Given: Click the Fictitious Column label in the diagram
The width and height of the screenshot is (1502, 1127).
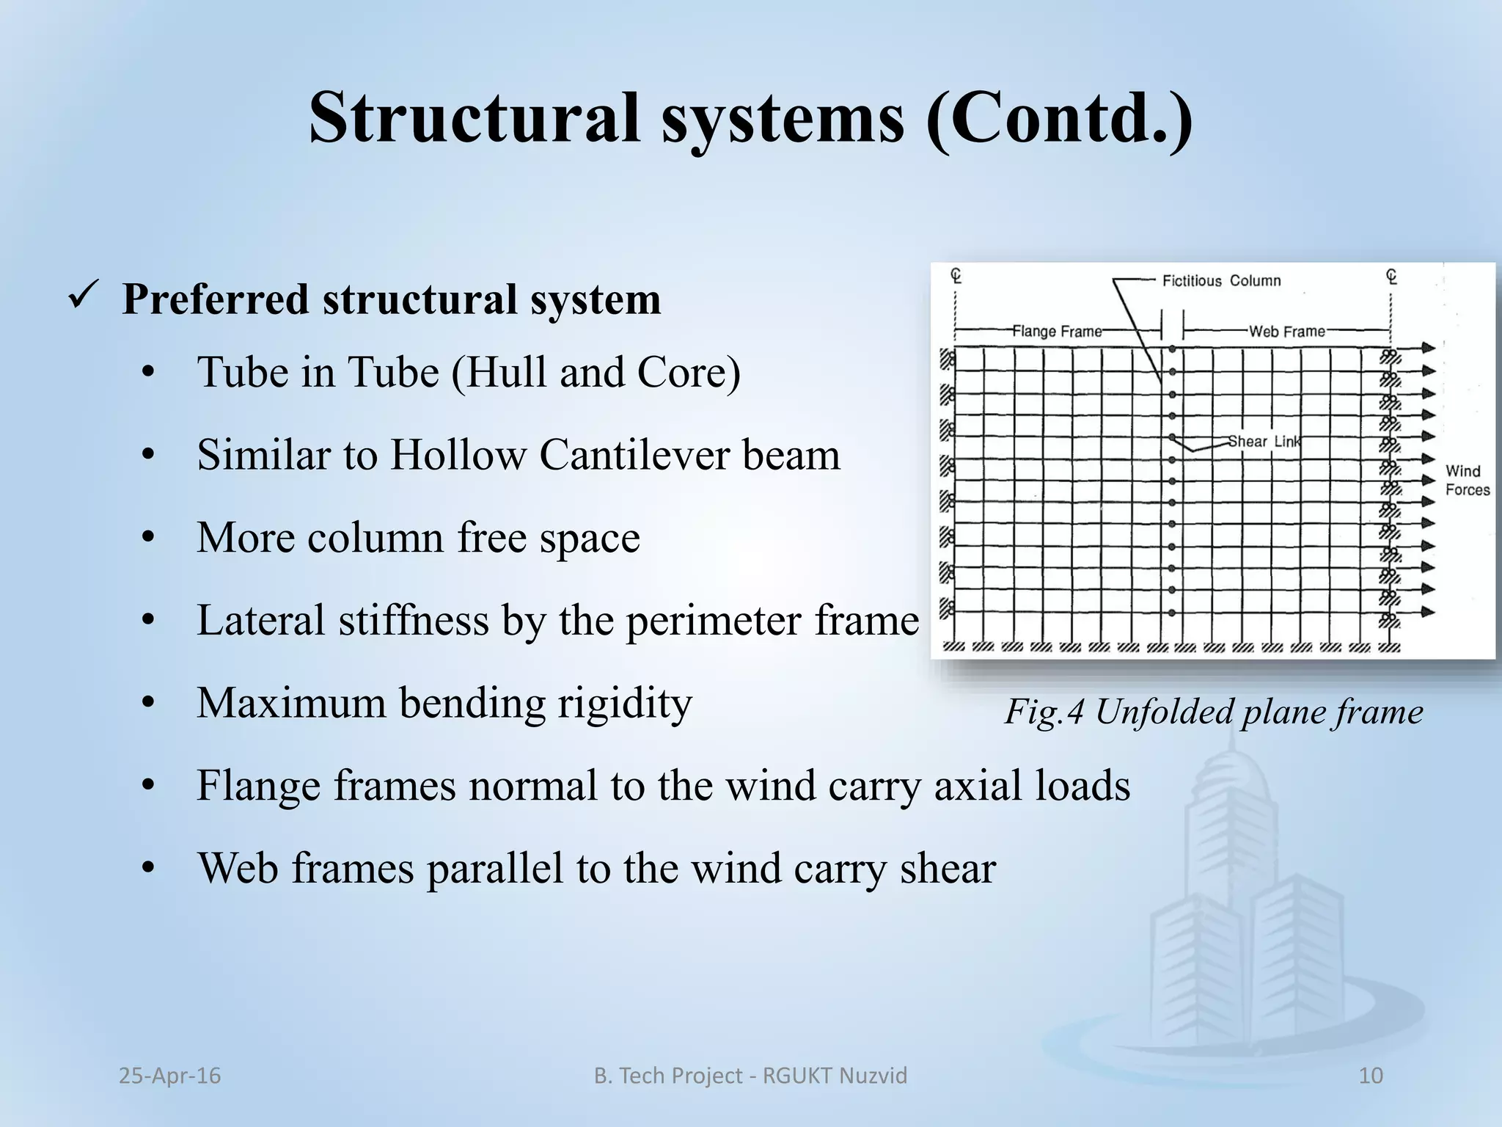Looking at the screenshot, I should pos(1221,281).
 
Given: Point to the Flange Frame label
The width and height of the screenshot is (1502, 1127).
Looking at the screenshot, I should pos(1057,332).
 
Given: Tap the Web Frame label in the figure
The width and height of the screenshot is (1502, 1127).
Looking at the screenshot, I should pos(1287,332).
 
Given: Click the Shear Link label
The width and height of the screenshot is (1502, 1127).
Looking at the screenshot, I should pos(1264,442).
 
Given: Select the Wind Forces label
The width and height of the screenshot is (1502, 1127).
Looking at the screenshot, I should pos(1467,481).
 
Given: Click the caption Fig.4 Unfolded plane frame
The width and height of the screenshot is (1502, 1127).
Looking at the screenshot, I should pos(1214,712).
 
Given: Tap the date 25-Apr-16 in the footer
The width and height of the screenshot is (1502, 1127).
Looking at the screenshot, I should pos(169,1076).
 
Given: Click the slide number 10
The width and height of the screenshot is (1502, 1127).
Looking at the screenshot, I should pos(1371,1076).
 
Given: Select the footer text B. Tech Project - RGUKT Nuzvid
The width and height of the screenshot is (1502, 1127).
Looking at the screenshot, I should pos(750,1076).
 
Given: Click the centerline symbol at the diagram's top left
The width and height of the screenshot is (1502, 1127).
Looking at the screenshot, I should pos(956,276).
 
